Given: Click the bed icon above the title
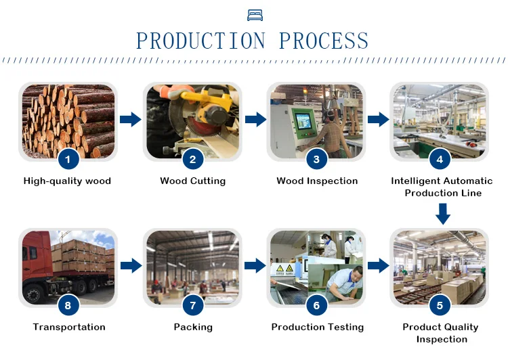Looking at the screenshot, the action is click(255, 14).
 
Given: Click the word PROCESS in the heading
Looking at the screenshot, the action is click(324, 41).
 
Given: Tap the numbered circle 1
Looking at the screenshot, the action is click(68, 160).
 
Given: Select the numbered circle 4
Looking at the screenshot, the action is click(440, 160).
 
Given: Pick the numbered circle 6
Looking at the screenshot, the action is click(316, 306).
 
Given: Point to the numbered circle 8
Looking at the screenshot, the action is click(68, 306).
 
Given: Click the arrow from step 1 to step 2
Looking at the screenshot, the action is click(130, 120).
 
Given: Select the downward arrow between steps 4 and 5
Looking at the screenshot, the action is click(442, 215).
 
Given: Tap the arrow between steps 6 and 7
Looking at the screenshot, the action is click(255, 266).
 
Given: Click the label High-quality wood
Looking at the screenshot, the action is click(67, 181).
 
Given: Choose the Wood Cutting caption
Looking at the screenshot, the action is click(192, 181).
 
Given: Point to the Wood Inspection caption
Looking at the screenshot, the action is click(317, 181).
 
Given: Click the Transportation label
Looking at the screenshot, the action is click(69, 327).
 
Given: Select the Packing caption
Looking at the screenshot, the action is click(193, 327).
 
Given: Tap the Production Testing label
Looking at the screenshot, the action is click(317, 327).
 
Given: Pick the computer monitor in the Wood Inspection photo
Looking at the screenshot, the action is click(303, 121).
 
